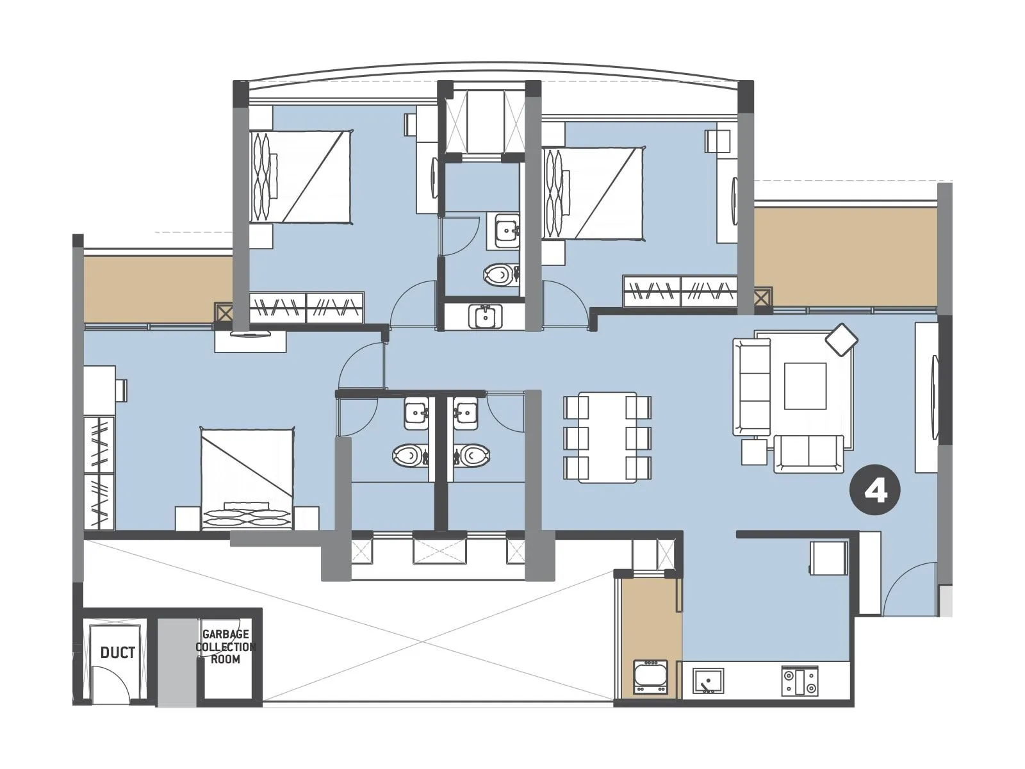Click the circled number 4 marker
(x=874, y=492)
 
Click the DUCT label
(x=118, y=653)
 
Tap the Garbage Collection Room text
(x=225, y=647)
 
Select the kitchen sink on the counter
(x=708, y=681)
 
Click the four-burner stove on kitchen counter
(x=799, y=681)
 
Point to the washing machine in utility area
(x=650, y=677)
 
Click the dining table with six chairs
(x=607, y=437)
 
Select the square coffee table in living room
(x=805, y=386)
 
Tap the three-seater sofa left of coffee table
(x=752, y=386)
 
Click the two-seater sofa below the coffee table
(x=808, y=454)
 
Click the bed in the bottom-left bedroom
(x=247, y=478)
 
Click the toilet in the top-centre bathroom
(x=497, y=275)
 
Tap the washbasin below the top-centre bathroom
(x=485, y=317)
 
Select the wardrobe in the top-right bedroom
(x=680, y=292)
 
